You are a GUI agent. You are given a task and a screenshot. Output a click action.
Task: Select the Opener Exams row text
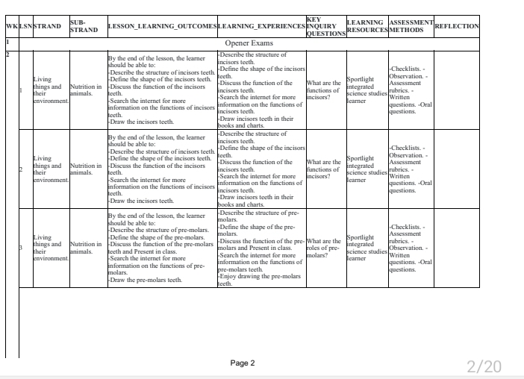pyautogui.click(x=249, y=43)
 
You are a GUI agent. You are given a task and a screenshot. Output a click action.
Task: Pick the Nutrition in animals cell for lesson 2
pyautogui.click(x=84, y=168)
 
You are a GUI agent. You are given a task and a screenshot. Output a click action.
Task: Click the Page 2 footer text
pyautogui.click(x=242, y=363)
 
